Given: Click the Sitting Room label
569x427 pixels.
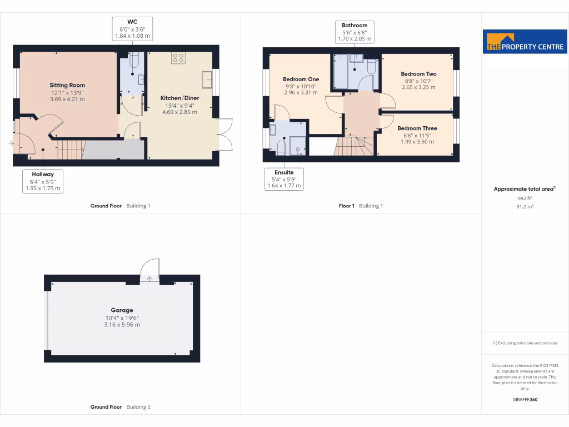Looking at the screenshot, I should click(67, 85).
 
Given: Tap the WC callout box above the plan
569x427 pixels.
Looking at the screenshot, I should click(132, 29).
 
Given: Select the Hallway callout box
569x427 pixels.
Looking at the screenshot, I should click(43, 181).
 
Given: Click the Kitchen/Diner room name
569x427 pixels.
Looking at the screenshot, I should click(179, 98).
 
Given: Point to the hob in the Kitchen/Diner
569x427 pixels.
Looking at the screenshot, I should click(178, 58).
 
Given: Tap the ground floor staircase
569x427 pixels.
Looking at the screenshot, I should click(71, 149).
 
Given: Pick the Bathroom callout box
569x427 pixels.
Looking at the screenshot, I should click(355, 32).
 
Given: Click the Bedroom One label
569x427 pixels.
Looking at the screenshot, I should click(301, 79).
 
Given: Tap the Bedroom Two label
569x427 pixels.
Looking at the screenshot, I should click(418, 74).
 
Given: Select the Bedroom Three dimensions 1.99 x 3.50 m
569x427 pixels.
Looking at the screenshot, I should click(417, 142).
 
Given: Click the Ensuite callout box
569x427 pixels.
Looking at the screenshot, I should click(284, 180).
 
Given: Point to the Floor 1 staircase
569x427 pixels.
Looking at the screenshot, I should click(355, 147).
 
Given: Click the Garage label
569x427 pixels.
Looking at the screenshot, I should click(122, 310).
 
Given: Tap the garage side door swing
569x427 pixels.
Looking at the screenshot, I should click(151, 269).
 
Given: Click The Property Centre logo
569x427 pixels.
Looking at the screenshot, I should click(525, 42).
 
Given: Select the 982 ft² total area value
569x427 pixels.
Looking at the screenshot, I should click(525, 198).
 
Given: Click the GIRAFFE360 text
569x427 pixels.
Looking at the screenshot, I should click(525, 399).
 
